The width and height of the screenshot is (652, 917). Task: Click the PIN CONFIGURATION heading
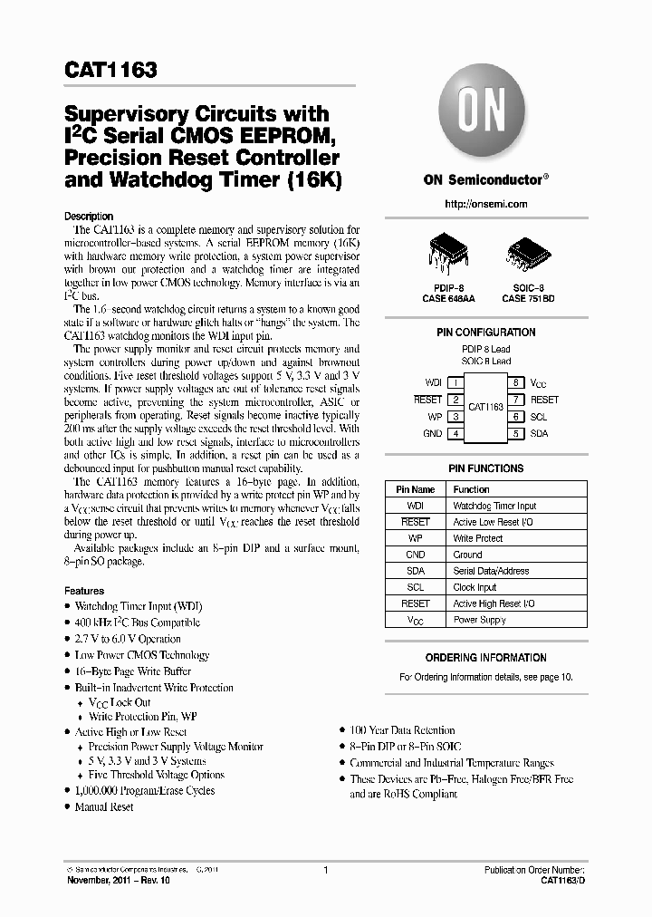[485, 333]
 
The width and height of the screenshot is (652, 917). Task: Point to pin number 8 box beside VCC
[515, 383]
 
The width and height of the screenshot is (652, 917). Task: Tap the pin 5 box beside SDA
[515, 433]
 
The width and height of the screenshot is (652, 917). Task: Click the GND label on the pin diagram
[432, 433]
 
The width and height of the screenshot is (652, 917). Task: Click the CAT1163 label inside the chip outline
[485, 408]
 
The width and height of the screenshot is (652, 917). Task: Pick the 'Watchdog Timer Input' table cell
[494, 506]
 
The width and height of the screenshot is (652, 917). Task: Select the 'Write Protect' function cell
[478, 538]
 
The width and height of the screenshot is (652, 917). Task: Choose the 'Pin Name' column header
[416, 489]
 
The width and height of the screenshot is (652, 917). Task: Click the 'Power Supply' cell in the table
[479, 620]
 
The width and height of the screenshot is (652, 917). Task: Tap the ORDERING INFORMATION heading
[485, 658]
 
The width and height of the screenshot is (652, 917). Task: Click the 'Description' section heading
[89, 217]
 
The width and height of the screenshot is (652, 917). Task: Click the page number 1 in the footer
[325, 871]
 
